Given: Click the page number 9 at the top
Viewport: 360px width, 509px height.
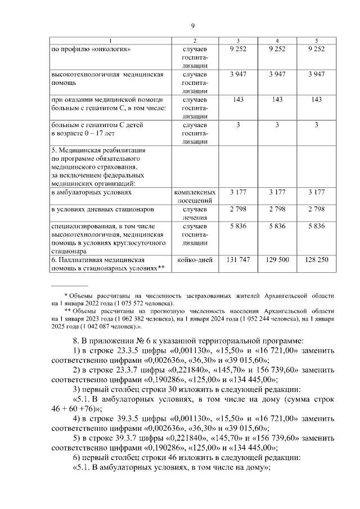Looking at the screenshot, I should [x=193, y=26].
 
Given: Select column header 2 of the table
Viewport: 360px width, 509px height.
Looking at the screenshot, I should [x=195, y=40].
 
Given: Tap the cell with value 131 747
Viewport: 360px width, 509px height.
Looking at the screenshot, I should [x=238, y=260].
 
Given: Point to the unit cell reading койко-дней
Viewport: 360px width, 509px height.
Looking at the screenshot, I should [x=195, y=260].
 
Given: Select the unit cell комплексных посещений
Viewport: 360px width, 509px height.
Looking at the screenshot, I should [x=195, y=196].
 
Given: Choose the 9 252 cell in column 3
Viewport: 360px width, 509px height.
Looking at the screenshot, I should [x=238, y=49].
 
